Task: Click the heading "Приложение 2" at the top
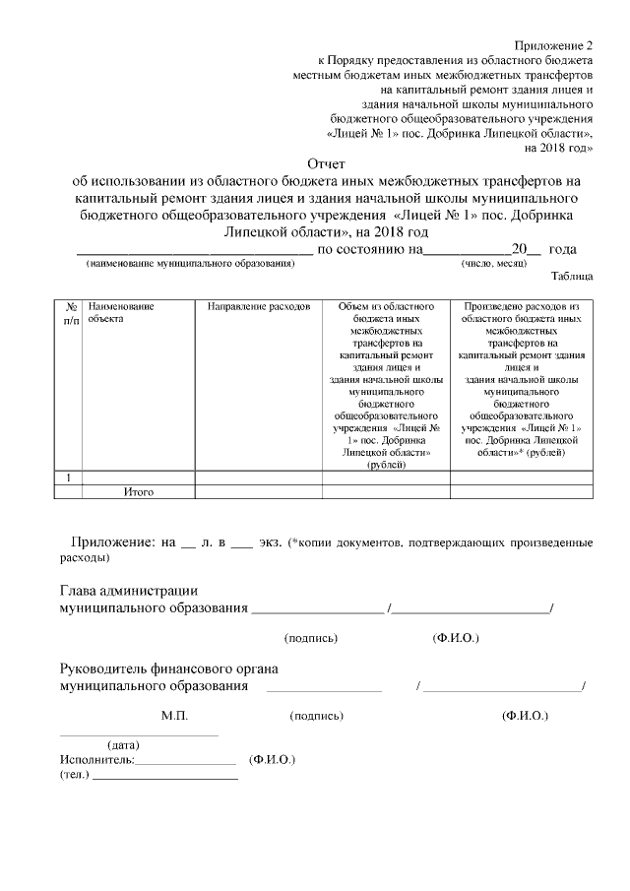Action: (555, 46)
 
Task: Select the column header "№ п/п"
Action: (70, 313)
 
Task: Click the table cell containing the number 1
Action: (69, 477)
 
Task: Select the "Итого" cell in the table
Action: (139, 490)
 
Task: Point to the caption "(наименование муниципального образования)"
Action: (190, 264)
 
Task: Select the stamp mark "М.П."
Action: (174, 715)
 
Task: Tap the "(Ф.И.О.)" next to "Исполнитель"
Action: (273, 760)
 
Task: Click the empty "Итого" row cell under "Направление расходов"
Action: (259, 490)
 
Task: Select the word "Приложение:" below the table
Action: (110, 541)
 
